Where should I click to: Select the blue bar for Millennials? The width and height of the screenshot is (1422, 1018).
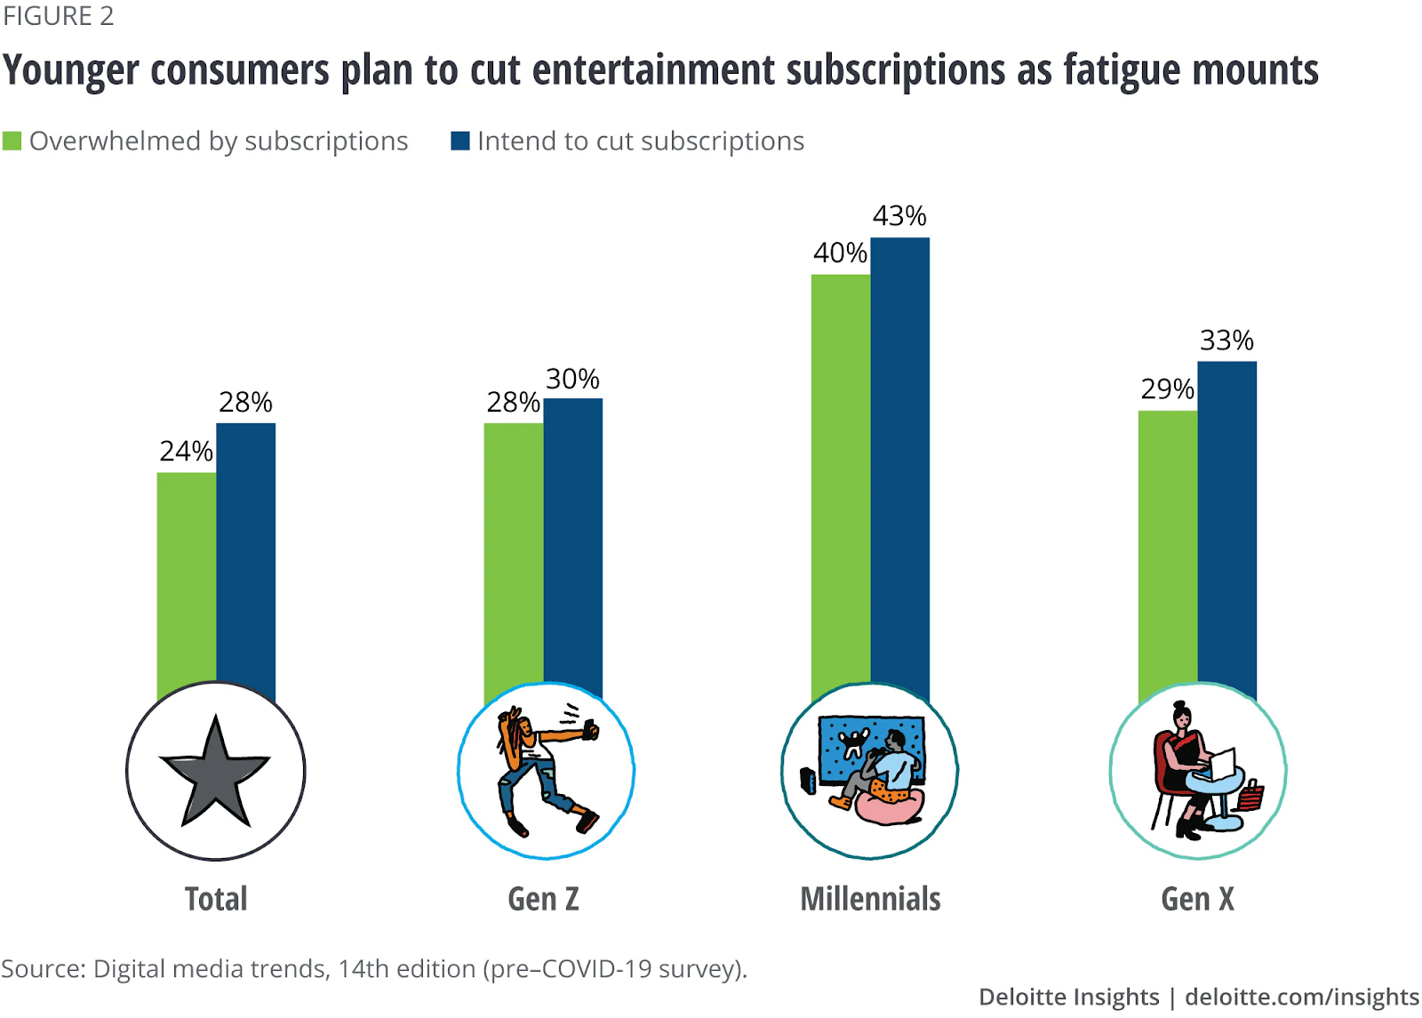(x=899, y=462)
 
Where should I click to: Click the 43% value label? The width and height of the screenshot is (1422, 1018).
(x=899, y=216)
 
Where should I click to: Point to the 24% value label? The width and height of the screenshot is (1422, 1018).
(x=187, y=452)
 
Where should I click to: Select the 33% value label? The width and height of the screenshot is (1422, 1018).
(x=1226, y=341)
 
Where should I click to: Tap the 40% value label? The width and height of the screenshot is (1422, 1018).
(x=840, y=253)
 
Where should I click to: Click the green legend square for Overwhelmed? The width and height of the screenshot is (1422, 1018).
(x=12, y=141)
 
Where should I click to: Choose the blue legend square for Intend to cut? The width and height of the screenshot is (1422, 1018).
(x=460, y=141)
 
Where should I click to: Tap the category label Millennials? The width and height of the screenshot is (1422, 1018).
(x=870, y=899)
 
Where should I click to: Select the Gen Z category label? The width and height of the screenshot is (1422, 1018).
(x=543, y=899)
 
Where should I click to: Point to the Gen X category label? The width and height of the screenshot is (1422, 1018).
(x=1197, y=899)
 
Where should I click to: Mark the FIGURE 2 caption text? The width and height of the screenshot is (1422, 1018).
(x=59, y=16)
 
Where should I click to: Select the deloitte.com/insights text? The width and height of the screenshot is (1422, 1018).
(x=1302, y=997)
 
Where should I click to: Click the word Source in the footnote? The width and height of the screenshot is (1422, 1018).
(x=42, y=968)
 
